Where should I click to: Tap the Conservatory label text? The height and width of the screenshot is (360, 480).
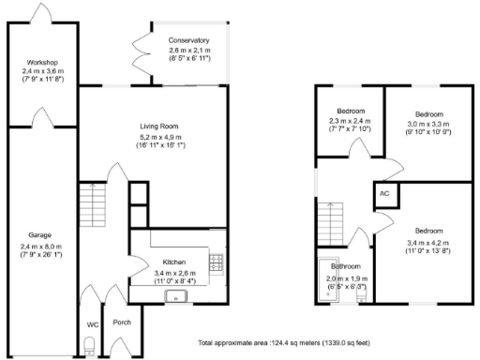(x=188, y=41)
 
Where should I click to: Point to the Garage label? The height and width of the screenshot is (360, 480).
(x=38, y=234)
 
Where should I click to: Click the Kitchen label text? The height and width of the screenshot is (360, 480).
(x=174, y=262)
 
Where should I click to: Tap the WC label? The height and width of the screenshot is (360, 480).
(x=92, y=324)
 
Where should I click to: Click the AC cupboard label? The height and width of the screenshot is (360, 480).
(x=383, y=193)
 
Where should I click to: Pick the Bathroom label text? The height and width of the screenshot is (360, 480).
(x=338, y=266)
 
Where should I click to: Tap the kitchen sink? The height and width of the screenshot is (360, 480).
(x=173, y=295)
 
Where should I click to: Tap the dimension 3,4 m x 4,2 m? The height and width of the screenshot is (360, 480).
(x=428, y=242)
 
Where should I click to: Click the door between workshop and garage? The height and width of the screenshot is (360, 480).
(x=41, y=116)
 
